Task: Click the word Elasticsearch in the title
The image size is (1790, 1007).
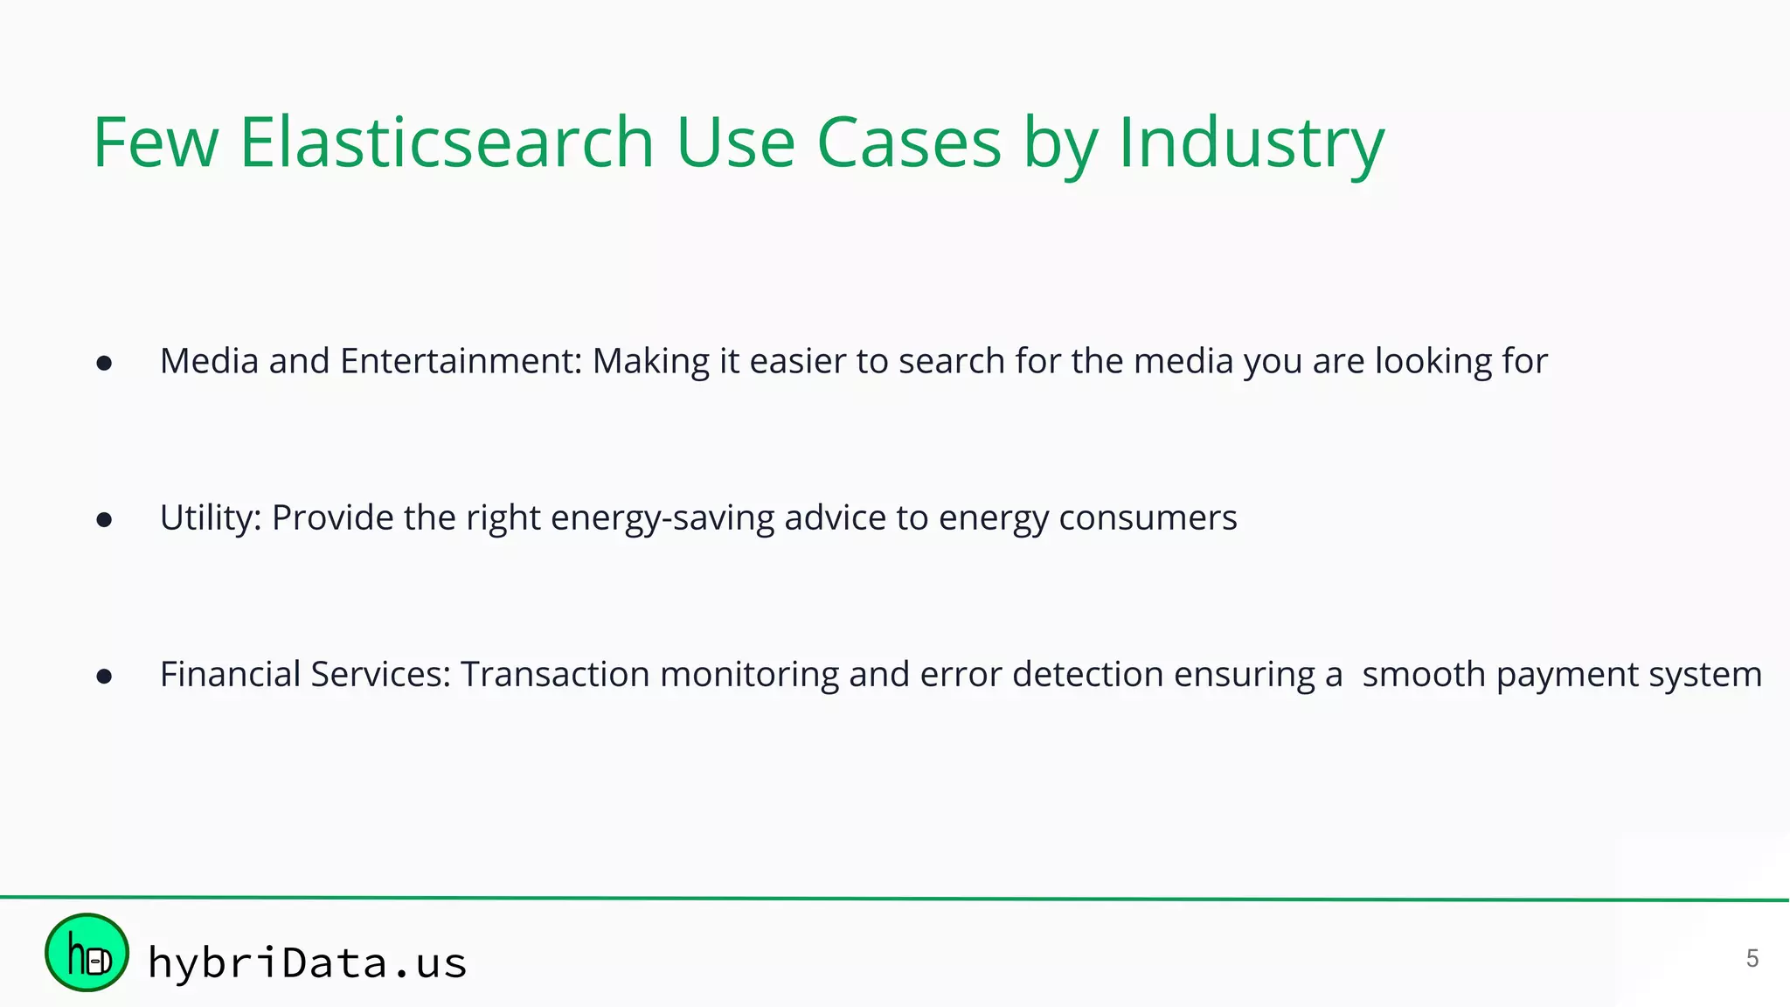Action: point(446,142)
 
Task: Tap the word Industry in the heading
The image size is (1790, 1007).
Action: point(1251,142)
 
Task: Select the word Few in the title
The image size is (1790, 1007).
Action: point(155,142)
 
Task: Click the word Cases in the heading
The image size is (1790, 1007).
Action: point(908,142)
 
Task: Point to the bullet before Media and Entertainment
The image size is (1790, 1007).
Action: point(104,364)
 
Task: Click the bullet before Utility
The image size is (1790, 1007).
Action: point(104,520)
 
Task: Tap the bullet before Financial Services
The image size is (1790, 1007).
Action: point(104,677)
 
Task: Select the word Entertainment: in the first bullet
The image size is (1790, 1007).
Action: point(461,361)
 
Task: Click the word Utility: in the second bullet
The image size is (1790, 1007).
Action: point(211,518)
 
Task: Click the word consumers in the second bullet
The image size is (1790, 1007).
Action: point(1148,518)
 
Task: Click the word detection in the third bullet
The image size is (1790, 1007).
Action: point(1087,675)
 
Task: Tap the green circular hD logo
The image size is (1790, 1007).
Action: point(87,953)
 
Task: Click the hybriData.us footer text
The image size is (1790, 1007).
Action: point(307,962)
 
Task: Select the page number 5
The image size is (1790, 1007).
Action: point(1752,959)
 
